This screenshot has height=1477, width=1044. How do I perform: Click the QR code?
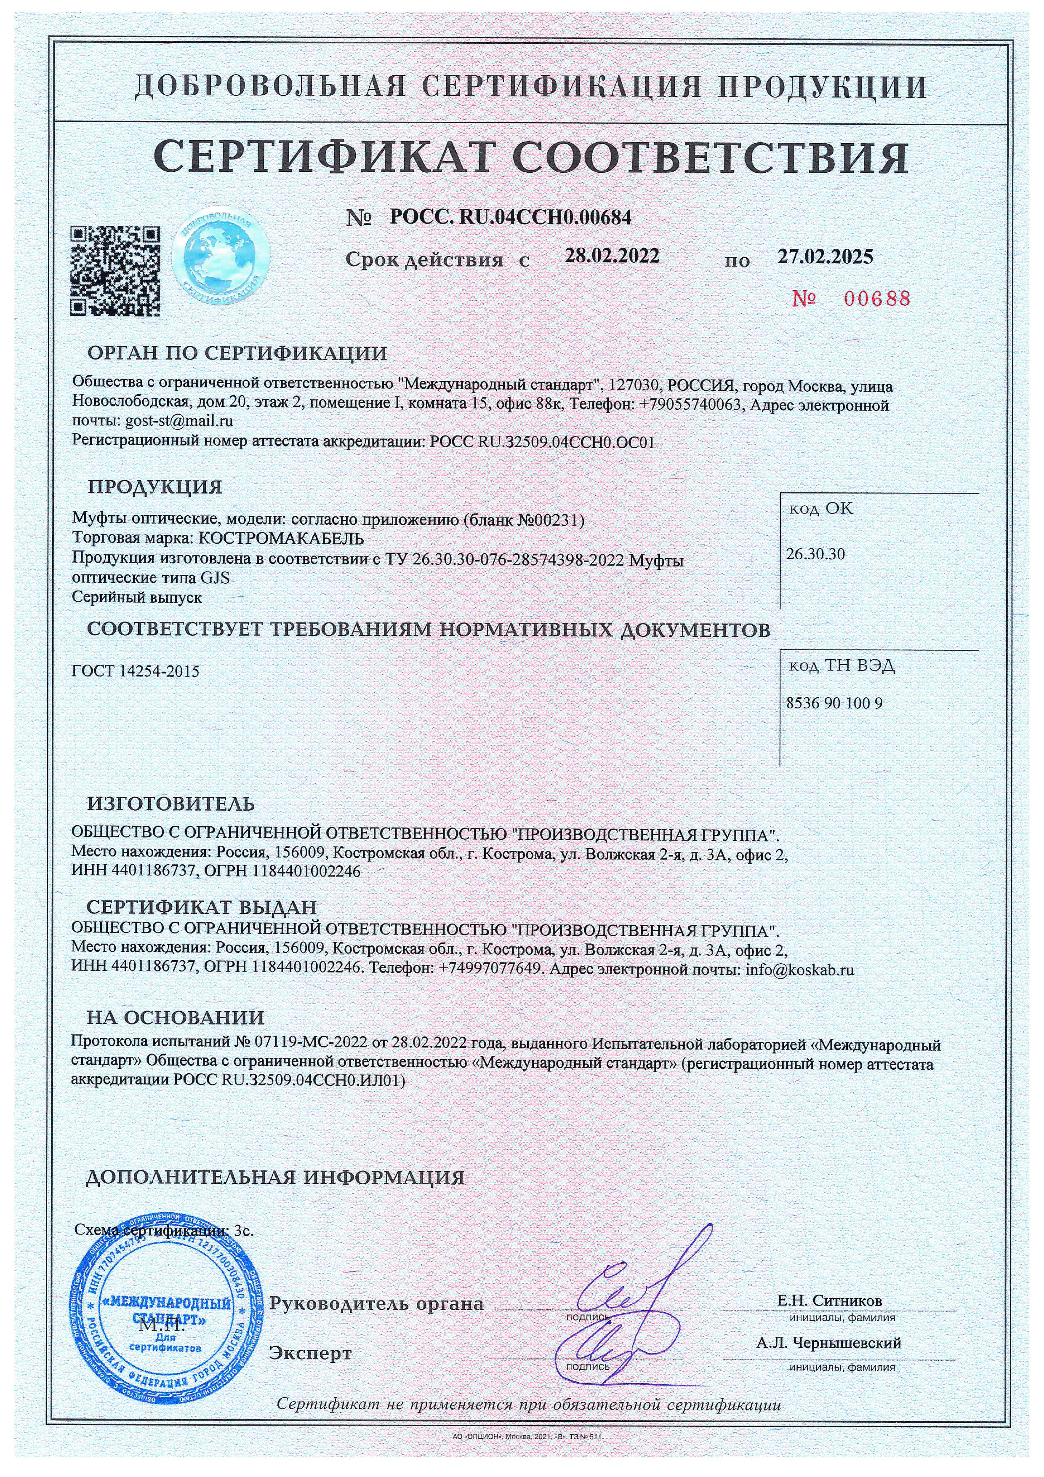tap(115, 270)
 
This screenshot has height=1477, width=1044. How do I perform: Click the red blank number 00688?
tap(850, 299)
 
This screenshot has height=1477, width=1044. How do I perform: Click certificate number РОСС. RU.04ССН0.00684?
tap(511, 217)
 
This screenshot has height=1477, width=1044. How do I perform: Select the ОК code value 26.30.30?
tap(815, 555)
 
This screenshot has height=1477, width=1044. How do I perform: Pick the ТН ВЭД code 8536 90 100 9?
tap(834, 703)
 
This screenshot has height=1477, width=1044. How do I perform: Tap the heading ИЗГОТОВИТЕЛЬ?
tap(171, 804)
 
